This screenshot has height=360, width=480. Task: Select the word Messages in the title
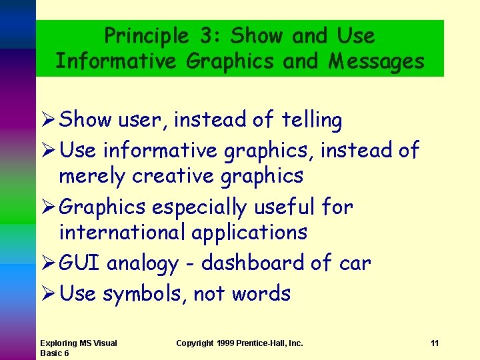(377, 61)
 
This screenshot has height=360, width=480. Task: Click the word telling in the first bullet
(311, 120)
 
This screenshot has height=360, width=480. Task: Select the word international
(122, 232)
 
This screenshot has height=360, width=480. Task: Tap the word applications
(249, 232)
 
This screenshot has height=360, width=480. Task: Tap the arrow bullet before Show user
(48, 121)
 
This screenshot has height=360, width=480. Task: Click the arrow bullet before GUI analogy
(48, 263)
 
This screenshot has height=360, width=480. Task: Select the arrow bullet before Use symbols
(48, 293)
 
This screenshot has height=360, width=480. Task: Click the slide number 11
(435, 343)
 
